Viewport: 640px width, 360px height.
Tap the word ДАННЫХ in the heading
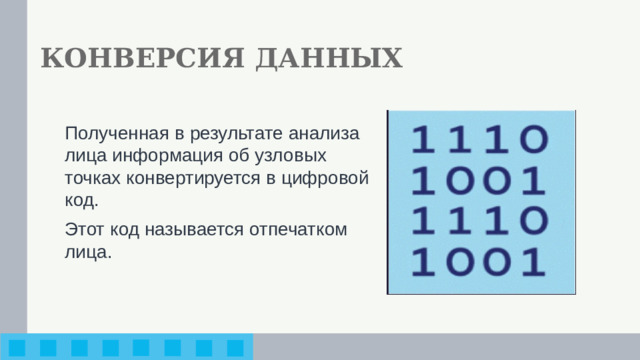point(329,59)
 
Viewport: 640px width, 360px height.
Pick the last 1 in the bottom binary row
point(535,264)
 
